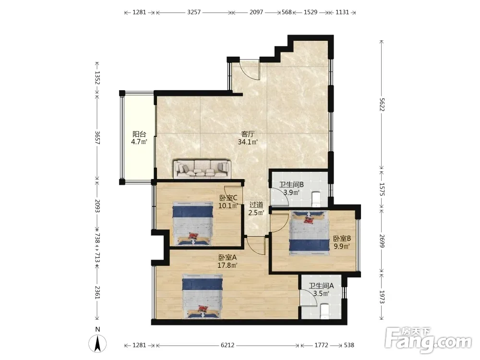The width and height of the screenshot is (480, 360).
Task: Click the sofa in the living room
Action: [x=202, y=169]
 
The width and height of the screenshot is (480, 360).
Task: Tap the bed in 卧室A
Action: [x=203, y=296]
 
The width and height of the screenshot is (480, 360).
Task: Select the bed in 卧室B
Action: [x=309, y=233]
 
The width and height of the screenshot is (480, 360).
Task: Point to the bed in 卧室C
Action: [x=192, y=223]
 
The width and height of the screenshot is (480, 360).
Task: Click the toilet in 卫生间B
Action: [x=316, y=199]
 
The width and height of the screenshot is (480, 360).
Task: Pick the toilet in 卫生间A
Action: [x=324, y=311]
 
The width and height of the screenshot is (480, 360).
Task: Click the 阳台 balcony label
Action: [x=139, y=134]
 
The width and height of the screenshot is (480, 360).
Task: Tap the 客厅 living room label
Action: [x=248, y=134]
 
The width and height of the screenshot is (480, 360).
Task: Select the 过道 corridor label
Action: [x=256, y=204]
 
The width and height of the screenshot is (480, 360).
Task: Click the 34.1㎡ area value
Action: [x=248, y=142]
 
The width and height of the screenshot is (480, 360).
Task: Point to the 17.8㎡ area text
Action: [x=228, y=265]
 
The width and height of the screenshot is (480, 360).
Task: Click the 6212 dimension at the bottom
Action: [x=228, y=345]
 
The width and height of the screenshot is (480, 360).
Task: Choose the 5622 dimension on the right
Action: [x=382, y=104]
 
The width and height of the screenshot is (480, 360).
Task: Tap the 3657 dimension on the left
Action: [x=97, y=137]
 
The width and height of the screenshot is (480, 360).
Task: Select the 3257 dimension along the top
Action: [x=194, y=12]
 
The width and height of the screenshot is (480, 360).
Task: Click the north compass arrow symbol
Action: [x=97, y=344]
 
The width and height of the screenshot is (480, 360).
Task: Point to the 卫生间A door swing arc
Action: [x=309, y=298]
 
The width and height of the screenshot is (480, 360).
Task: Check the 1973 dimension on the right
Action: [x=382, y=297]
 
